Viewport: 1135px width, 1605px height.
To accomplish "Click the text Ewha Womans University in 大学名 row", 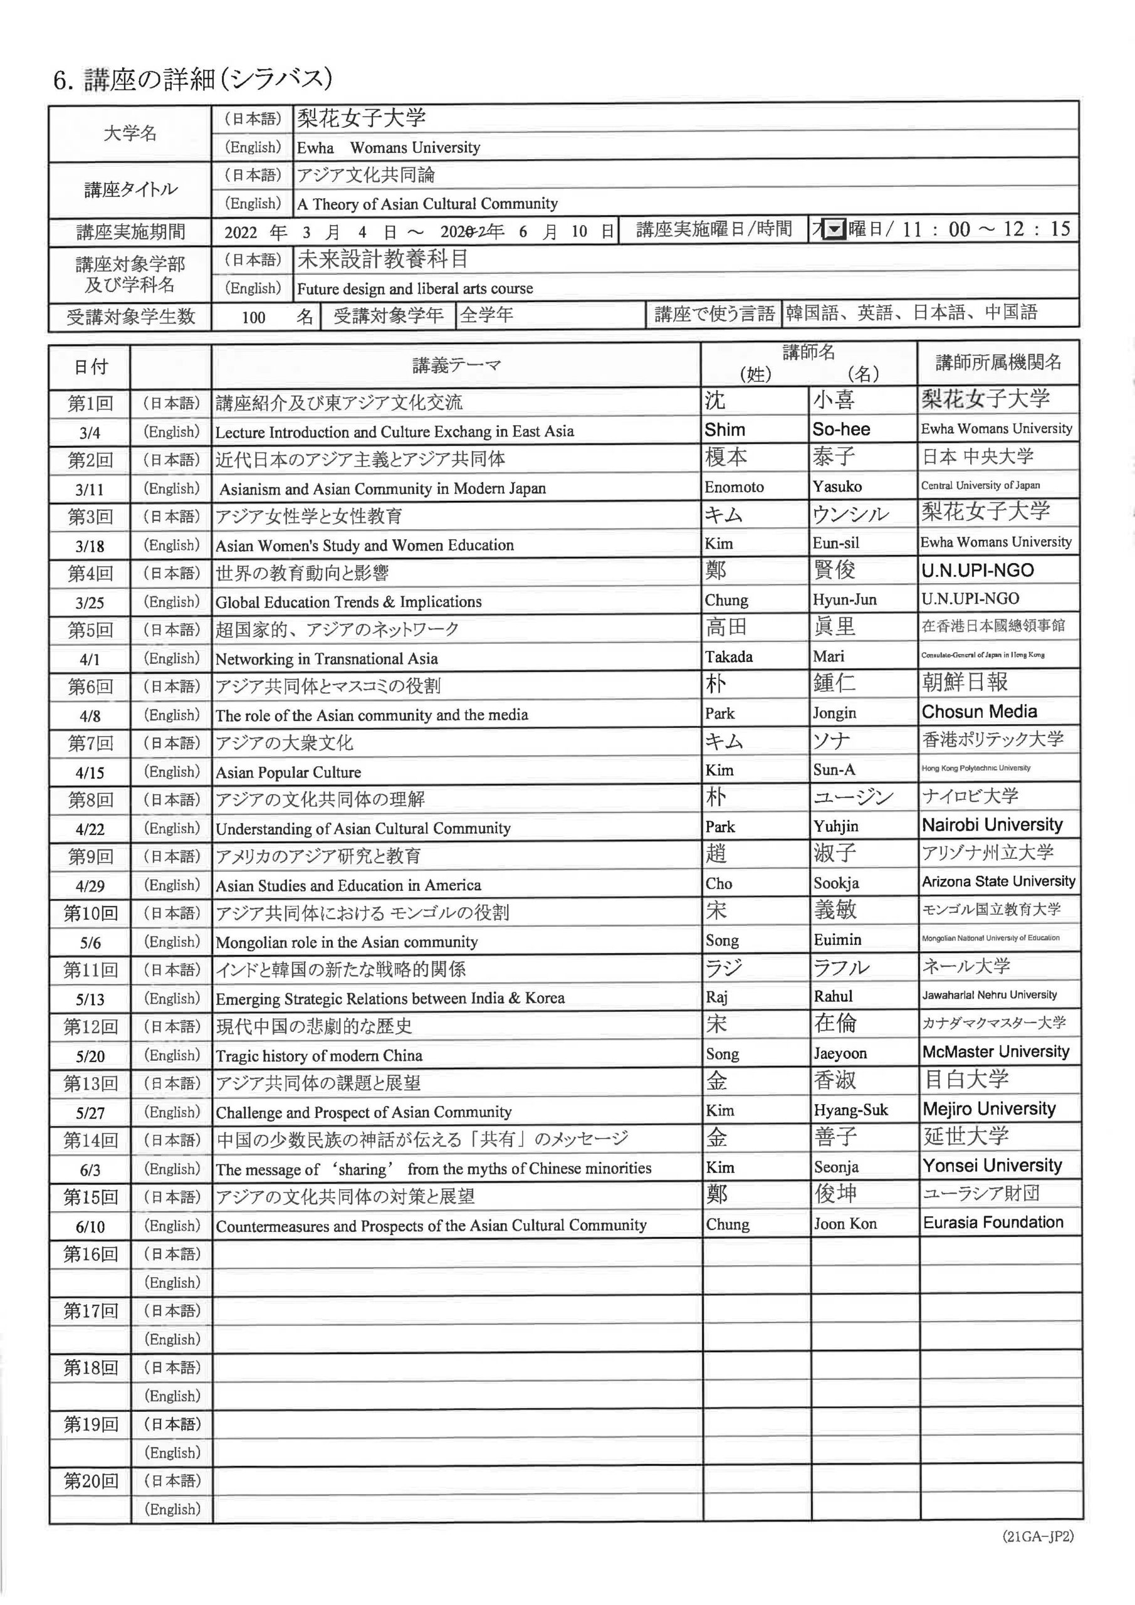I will pos(388,147).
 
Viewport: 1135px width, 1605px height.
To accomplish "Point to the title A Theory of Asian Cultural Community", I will pos(427,204).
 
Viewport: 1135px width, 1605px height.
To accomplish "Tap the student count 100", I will pos(253,317).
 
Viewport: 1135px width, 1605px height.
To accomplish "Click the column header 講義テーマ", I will pos(456,365).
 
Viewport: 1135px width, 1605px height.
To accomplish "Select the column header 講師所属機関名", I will pos(998,362).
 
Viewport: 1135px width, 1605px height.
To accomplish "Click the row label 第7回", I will pos(90,742).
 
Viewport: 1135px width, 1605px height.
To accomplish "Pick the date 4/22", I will pos(90,829).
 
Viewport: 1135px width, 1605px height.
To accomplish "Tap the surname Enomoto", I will pos(734,487).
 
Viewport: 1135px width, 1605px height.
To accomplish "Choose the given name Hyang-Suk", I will pos(850,1110).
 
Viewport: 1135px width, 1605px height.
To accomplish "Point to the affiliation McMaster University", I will pos(995,1052).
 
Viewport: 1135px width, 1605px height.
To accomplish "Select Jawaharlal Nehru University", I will pos(989,995).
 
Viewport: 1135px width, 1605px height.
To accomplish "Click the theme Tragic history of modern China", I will pos(319,1056).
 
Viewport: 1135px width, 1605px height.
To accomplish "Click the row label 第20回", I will pos(90,1481).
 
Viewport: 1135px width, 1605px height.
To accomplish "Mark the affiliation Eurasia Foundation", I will pos(993,1223).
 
